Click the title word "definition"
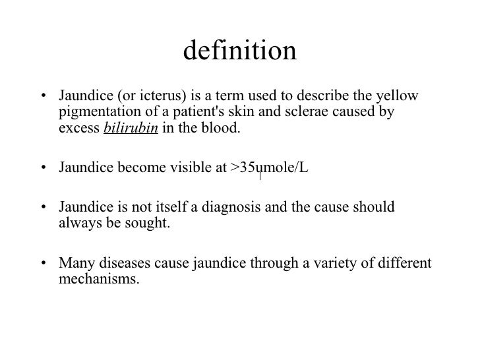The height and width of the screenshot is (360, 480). (x=240, y=51)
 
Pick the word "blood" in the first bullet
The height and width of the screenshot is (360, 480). (x=223, y=128)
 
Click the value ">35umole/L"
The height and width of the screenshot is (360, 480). (x=269, y=168)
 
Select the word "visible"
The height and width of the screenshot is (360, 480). (x=191, y=168)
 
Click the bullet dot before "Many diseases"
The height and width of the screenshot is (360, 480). (x=44, y=265)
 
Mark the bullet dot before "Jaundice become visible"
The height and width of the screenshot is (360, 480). (x=44, y=169)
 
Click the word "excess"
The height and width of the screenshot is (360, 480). (x=78, y=128)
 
